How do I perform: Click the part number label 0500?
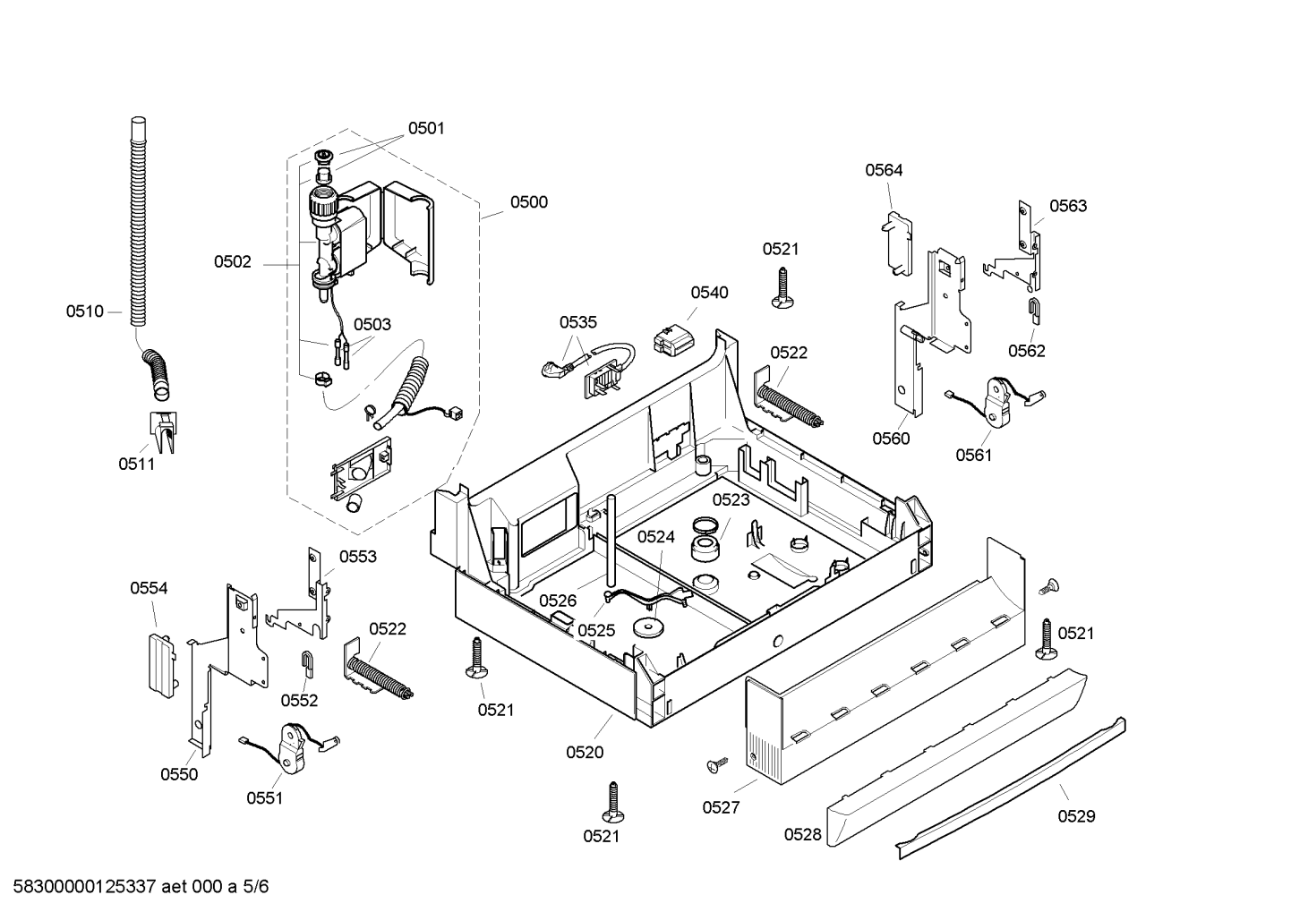click(528, 202)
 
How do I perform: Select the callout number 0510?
click(85, 311)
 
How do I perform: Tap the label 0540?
click(709, 293)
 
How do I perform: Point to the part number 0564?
click(884, 170)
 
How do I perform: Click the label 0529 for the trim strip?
click(1076, 816)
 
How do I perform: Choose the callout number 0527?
click(721, 807)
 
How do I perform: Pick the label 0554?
click(149, 588)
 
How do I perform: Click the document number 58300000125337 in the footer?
click(84, 887)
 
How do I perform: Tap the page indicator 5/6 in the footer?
click(256, 887)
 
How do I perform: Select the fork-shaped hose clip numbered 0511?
click(163, 431)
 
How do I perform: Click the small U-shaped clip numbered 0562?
click(1035, 310)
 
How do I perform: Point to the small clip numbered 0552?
click(308, 663)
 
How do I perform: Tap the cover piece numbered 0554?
click(162, 665)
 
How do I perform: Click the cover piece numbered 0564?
click(897, 243)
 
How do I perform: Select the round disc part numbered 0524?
click(649, 626)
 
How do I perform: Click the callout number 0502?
click(232, 262)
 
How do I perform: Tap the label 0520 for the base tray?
click(585, 753)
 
